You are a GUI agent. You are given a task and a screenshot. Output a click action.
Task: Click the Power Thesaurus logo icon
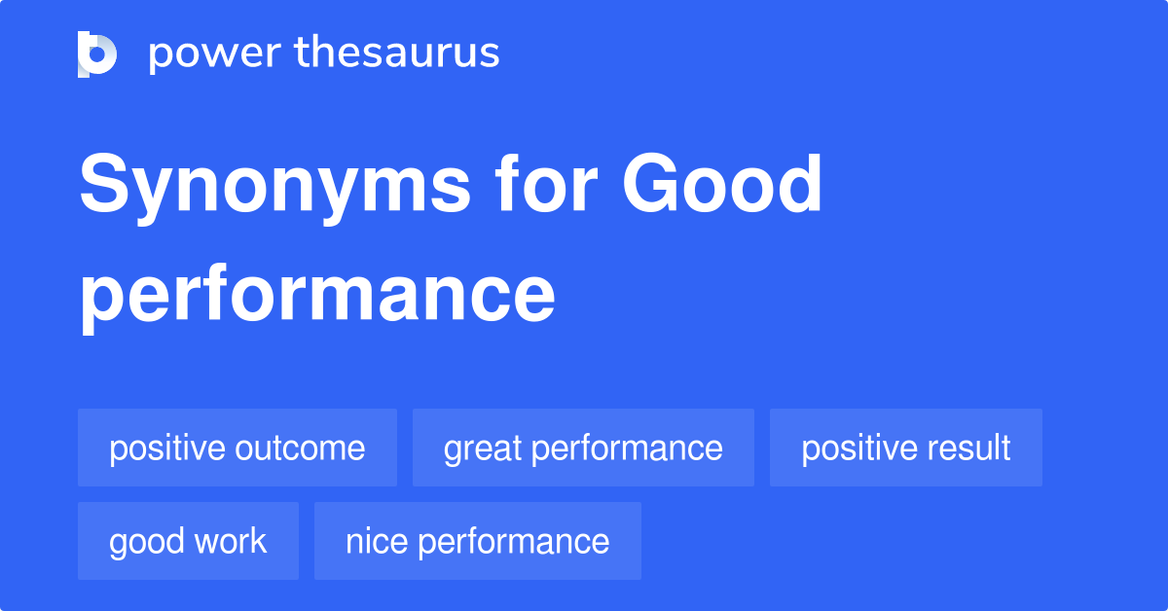point(97,54)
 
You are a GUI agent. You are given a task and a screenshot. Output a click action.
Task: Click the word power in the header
point(215,54)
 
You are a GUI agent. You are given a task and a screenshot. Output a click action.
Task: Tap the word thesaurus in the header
point(397,52)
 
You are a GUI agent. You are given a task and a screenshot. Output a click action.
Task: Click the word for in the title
point(546,183)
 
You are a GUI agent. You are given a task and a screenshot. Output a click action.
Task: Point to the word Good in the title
point(722,183)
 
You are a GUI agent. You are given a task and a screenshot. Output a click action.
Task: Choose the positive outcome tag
point(237,448)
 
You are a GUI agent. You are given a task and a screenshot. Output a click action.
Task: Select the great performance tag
point(583,448)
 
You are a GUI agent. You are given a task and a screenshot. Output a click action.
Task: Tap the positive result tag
point(906,448)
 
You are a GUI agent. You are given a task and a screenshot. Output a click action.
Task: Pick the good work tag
point(188,541)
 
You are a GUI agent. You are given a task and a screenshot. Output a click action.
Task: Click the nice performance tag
point(478,541)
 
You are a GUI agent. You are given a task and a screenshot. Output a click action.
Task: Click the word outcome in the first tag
point(300,449)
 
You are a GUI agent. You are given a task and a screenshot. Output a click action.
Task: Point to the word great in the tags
point(483,449)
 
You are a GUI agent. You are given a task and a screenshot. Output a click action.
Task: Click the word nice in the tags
point(377,541)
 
